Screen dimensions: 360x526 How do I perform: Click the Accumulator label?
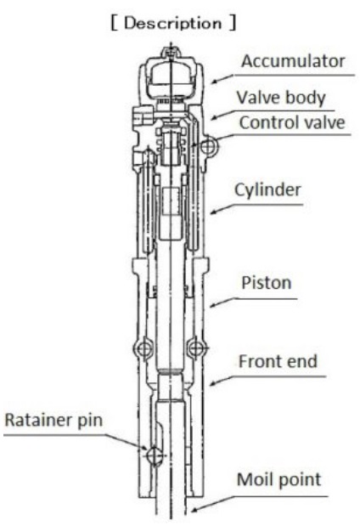tap(293, 61)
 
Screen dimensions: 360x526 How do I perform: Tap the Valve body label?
tap(281, 98)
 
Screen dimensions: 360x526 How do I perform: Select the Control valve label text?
tap(292, 122)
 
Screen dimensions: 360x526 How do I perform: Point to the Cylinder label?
tap(267, 189)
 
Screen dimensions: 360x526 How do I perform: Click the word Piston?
tap(266, 283)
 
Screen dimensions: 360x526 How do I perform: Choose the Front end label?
tap(278, 362)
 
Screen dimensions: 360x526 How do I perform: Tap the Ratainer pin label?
tap(53, 421)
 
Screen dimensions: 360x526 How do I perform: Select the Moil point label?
tap(278, 480)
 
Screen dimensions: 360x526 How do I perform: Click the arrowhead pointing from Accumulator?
tap(215, 82)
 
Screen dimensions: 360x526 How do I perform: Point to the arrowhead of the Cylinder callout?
tap(215, 212)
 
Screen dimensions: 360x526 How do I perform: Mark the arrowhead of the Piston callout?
tap(214, 304)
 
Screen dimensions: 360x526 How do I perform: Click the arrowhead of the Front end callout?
tap(214, 382)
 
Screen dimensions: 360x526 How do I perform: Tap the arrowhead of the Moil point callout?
tap(194, 510)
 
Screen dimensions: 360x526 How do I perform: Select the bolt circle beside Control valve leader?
tap(209, 146)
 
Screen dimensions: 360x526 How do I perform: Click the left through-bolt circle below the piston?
tap(144, 348)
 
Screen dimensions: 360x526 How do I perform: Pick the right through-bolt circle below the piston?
tap(196, 348)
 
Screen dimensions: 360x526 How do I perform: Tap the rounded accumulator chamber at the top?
tap(171, 77)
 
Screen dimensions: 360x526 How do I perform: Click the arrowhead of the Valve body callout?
tap(215, 118)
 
